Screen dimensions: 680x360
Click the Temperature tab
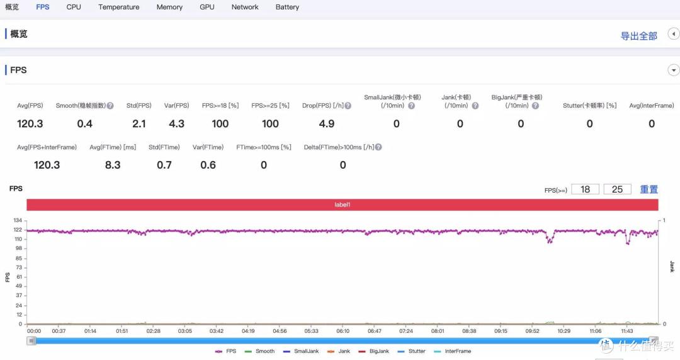[119, 7]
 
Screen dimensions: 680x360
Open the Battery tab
[287, 7]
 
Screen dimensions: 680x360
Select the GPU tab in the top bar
[207, 7]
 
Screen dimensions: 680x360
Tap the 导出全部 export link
[639, 36]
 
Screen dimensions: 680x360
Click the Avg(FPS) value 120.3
[30, 123]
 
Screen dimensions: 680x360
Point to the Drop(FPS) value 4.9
[327, 123]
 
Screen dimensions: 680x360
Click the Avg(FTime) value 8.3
[113, 165]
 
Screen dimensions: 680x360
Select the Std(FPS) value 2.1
[139, 123]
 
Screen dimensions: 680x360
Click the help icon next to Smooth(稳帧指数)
[110, 105]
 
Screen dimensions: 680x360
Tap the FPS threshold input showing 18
[585, 189]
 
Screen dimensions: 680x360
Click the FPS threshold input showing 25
[617, 189]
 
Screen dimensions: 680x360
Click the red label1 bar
[342, 205]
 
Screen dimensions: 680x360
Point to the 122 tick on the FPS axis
[18, 230]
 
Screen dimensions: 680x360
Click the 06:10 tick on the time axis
[343, 331]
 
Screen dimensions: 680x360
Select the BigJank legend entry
[374, 351]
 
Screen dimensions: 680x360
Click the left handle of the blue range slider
[31, 341]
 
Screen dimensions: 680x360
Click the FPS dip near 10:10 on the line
[550, 240]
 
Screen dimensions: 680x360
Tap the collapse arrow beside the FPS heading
[673, 70]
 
